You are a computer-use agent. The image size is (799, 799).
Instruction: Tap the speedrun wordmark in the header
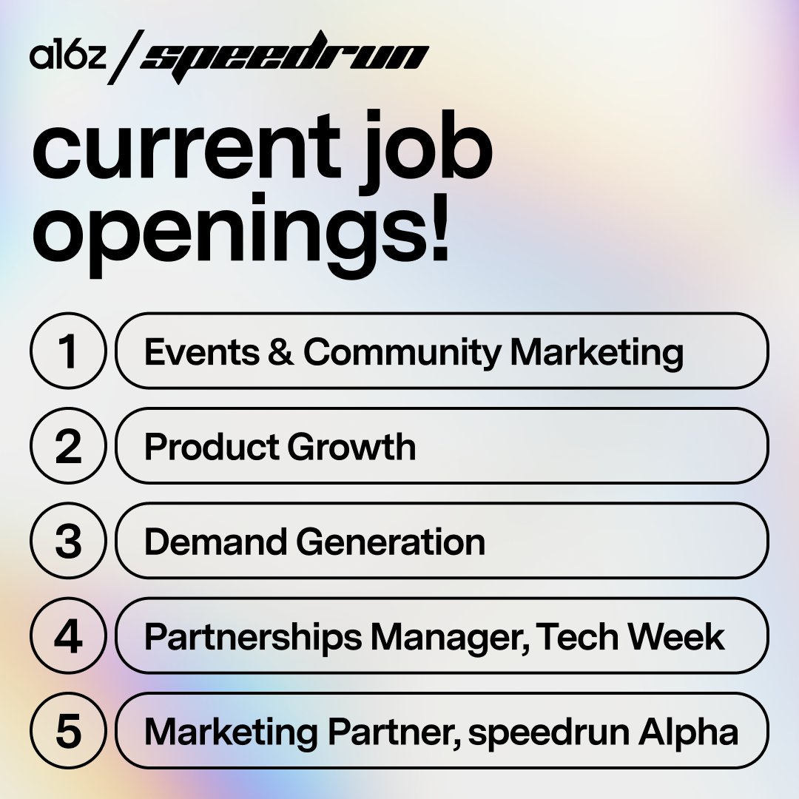[285, 56]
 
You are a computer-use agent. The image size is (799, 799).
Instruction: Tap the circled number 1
[68, 351]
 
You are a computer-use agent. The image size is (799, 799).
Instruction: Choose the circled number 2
[68, 446]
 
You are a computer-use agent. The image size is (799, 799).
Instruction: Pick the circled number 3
[68, 541]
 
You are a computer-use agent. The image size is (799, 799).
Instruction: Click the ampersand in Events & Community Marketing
[280, 352]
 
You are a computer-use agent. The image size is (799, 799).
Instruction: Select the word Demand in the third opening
[215, 542]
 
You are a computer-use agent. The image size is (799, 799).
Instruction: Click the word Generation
[391, 542]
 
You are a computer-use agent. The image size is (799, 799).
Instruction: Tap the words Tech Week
[630, 636]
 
